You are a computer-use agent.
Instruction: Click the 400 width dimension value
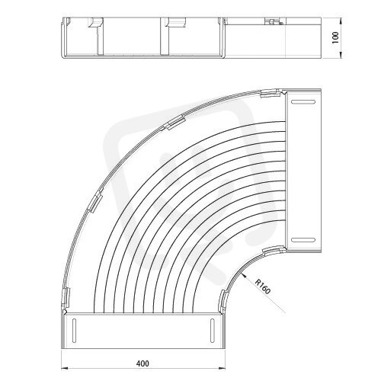[x=142, y=363]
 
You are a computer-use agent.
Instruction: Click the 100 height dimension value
[x=335, y=38]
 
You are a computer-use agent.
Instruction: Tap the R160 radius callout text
[x=263, y=287]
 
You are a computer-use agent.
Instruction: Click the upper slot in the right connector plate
[x=303, y=102]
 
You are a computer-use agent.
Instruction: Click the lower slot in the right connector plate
[x=303, y=240]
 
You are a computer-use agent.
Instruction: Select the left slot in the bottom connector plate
[x=75, y=330]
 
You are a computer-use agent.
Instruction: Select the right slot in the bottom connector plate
[x=213, y=330]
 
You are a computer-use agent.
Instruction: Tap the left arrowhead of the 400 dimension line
[x=64, y=367]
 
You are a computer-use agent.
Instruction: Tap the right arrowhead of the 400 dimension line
[x=223, y=367]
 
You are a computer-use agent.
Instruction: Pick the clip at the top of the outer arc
[x=270, y=93]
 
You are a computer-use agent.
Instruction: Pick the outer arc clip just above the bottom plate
[x=66, y=297]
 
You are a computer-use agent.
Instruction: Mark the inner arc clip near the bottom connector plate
[x=223, y=299]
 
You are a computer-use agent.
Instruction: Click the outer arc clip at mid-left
[x=94, y=202]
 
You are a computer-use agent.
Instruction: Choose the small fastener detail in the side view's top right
[x=274, y=21]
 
